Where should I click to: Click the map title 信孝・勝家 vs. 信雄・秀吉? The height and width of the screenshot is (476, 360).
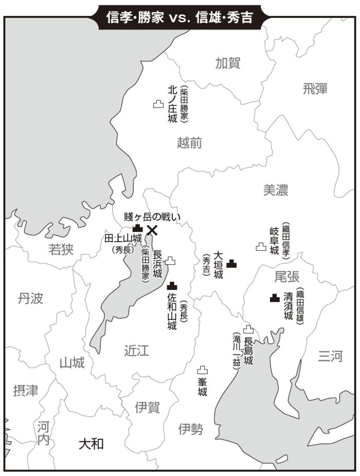(x=179, y=17)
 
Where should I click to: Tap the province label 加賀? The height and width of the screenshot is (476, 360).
(x=228, y=63)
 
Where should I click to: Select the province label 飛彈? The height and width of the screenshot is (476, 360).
(x=315, y=88)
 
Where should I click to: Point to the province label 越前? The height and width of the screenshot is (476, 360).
(x=189, y=143)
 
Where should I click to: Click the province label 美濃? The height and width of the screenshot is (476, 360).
(x=276, y=190)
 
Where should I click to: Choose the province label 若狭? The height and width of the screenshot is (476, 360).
(x=61, y=250)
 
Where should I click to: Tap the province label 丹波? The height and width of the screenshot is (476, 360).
(x=30, y=298)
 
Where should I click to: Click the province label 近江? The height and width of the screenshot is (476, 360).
(x=136, y=351)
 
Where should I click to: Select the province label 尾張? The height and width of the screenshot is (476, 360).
(x=286, y=277)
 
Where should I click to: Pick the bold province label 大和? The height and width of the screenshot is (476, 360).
(x=91, y=443)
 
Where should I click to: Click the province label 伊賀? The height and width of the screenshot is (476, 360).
(x=147, y=408)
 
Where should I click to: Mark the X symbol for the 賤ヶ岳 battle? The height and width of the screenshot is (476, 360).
(x=152, y=230)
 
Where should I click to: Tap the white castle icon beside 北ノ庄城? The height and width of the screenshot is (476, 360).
(x=158, y=104)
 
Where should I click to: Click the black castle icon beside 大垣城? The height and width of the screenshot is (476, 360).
(x=232, y=264)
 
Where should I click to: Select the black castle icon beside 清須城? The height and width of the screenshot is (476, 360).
(x=275, y=297)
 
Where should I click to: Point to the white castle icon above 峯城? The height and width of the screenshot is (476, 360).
(x=203, y=370)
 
